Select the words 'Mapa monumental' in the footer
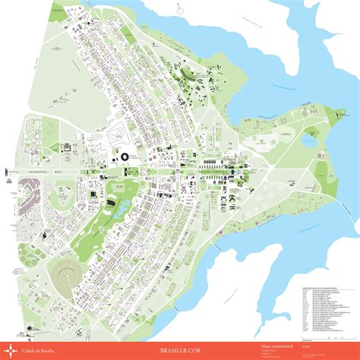(272, 344)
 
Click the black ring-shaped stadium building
(124, 157)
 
